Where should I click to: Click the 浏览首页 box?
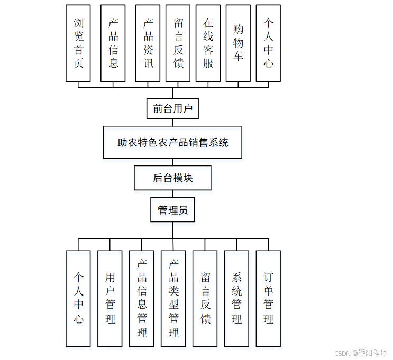[x=78, y=43]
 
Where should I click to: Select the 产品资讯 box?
[x=148, y=43]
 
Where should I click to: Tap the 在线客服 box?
[x=208, y=43]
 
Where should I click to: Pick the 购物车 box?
[x=238, y=43]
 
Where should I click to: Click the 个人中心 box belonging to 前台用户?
[x=268, y=43]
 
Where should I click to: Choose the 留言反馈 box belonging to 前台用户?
[x=178, y=43]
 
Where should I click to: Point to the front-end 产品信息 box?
[x=113, y=43]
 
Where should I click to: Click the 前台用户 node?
[x=172, y=109]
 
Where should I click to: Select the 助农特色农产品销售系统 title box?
[x=172, y=142]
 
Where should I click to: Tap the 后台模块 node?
[x=172, y=178]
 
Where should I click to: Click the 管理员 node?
[x=172, y=210]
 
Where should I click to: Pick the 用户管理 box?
[x=110, y=298]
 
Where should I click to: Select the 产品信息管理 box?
[x=142, y=298]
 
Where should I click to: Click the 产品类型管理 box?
[x=173, y=298]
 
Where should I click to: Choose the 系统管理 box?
[x=237, y=298]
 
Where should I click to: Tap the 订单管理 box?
[x=269, y=298]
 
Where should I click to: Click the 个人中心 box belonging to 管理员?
[x=78, y=298]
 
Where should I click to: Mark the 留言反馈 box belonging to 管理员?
[x=205, y=298]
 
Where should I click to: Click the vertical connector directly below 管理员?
[x=172, y=230]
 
